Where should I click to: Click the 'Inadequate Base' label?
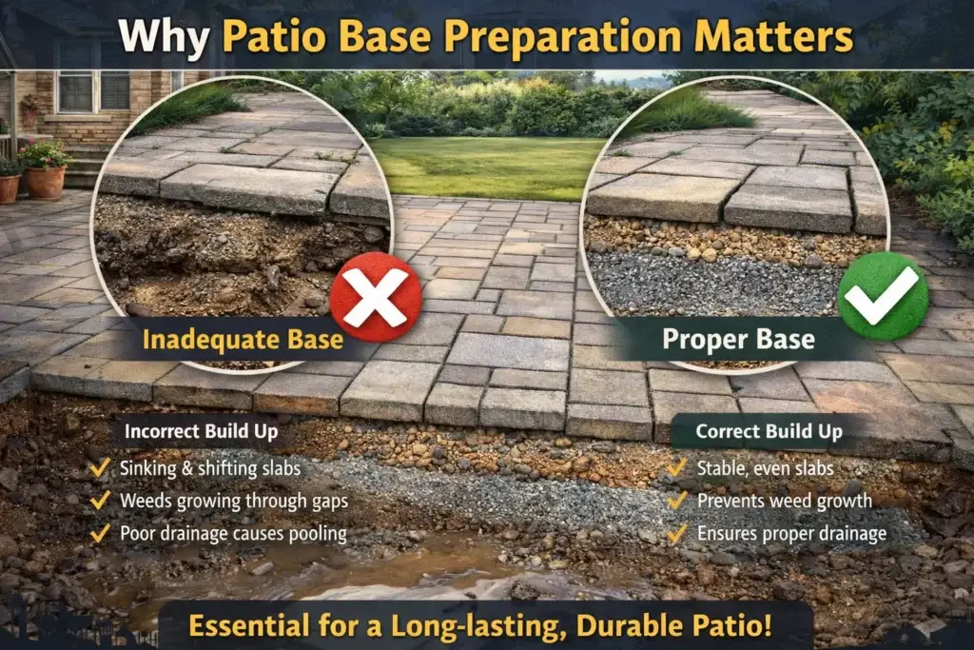click(x=242, y=339)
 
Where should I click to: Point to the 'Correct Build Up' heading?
click(x=769, y=431)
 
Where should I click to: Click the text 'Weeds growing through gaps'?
click(x=234, y=501)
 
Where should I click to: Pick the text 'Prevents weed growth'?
click(x=784, y=501)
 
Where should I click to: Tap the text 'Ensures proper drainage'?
click(x=791, y=533)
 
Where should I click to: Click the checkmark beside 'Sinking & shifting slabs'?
click(x=99, y=468)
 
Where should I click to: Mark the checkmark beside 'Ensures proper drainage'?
click(x=678, y=533)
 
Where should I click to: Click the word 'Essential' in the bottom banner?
click(x=251, y=628)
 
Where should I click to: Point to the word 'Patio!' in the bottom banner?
click(x=735, y=628)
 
